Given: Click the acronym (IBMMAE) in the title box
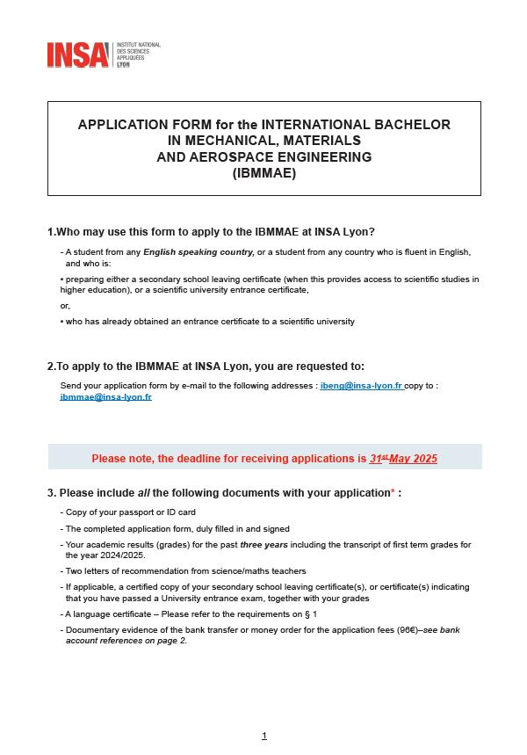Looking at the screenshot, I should tap(263, 174).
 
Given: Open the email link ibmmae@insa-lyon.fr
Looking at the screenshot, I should tap(105, 397).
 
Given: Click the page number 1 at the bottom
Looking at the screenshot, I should tap(263, 736).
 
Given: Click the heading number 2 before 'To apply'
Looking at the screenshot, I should tap(51, 367).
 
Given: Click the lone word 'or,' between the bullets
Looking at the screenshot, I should tap(65, 306).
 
